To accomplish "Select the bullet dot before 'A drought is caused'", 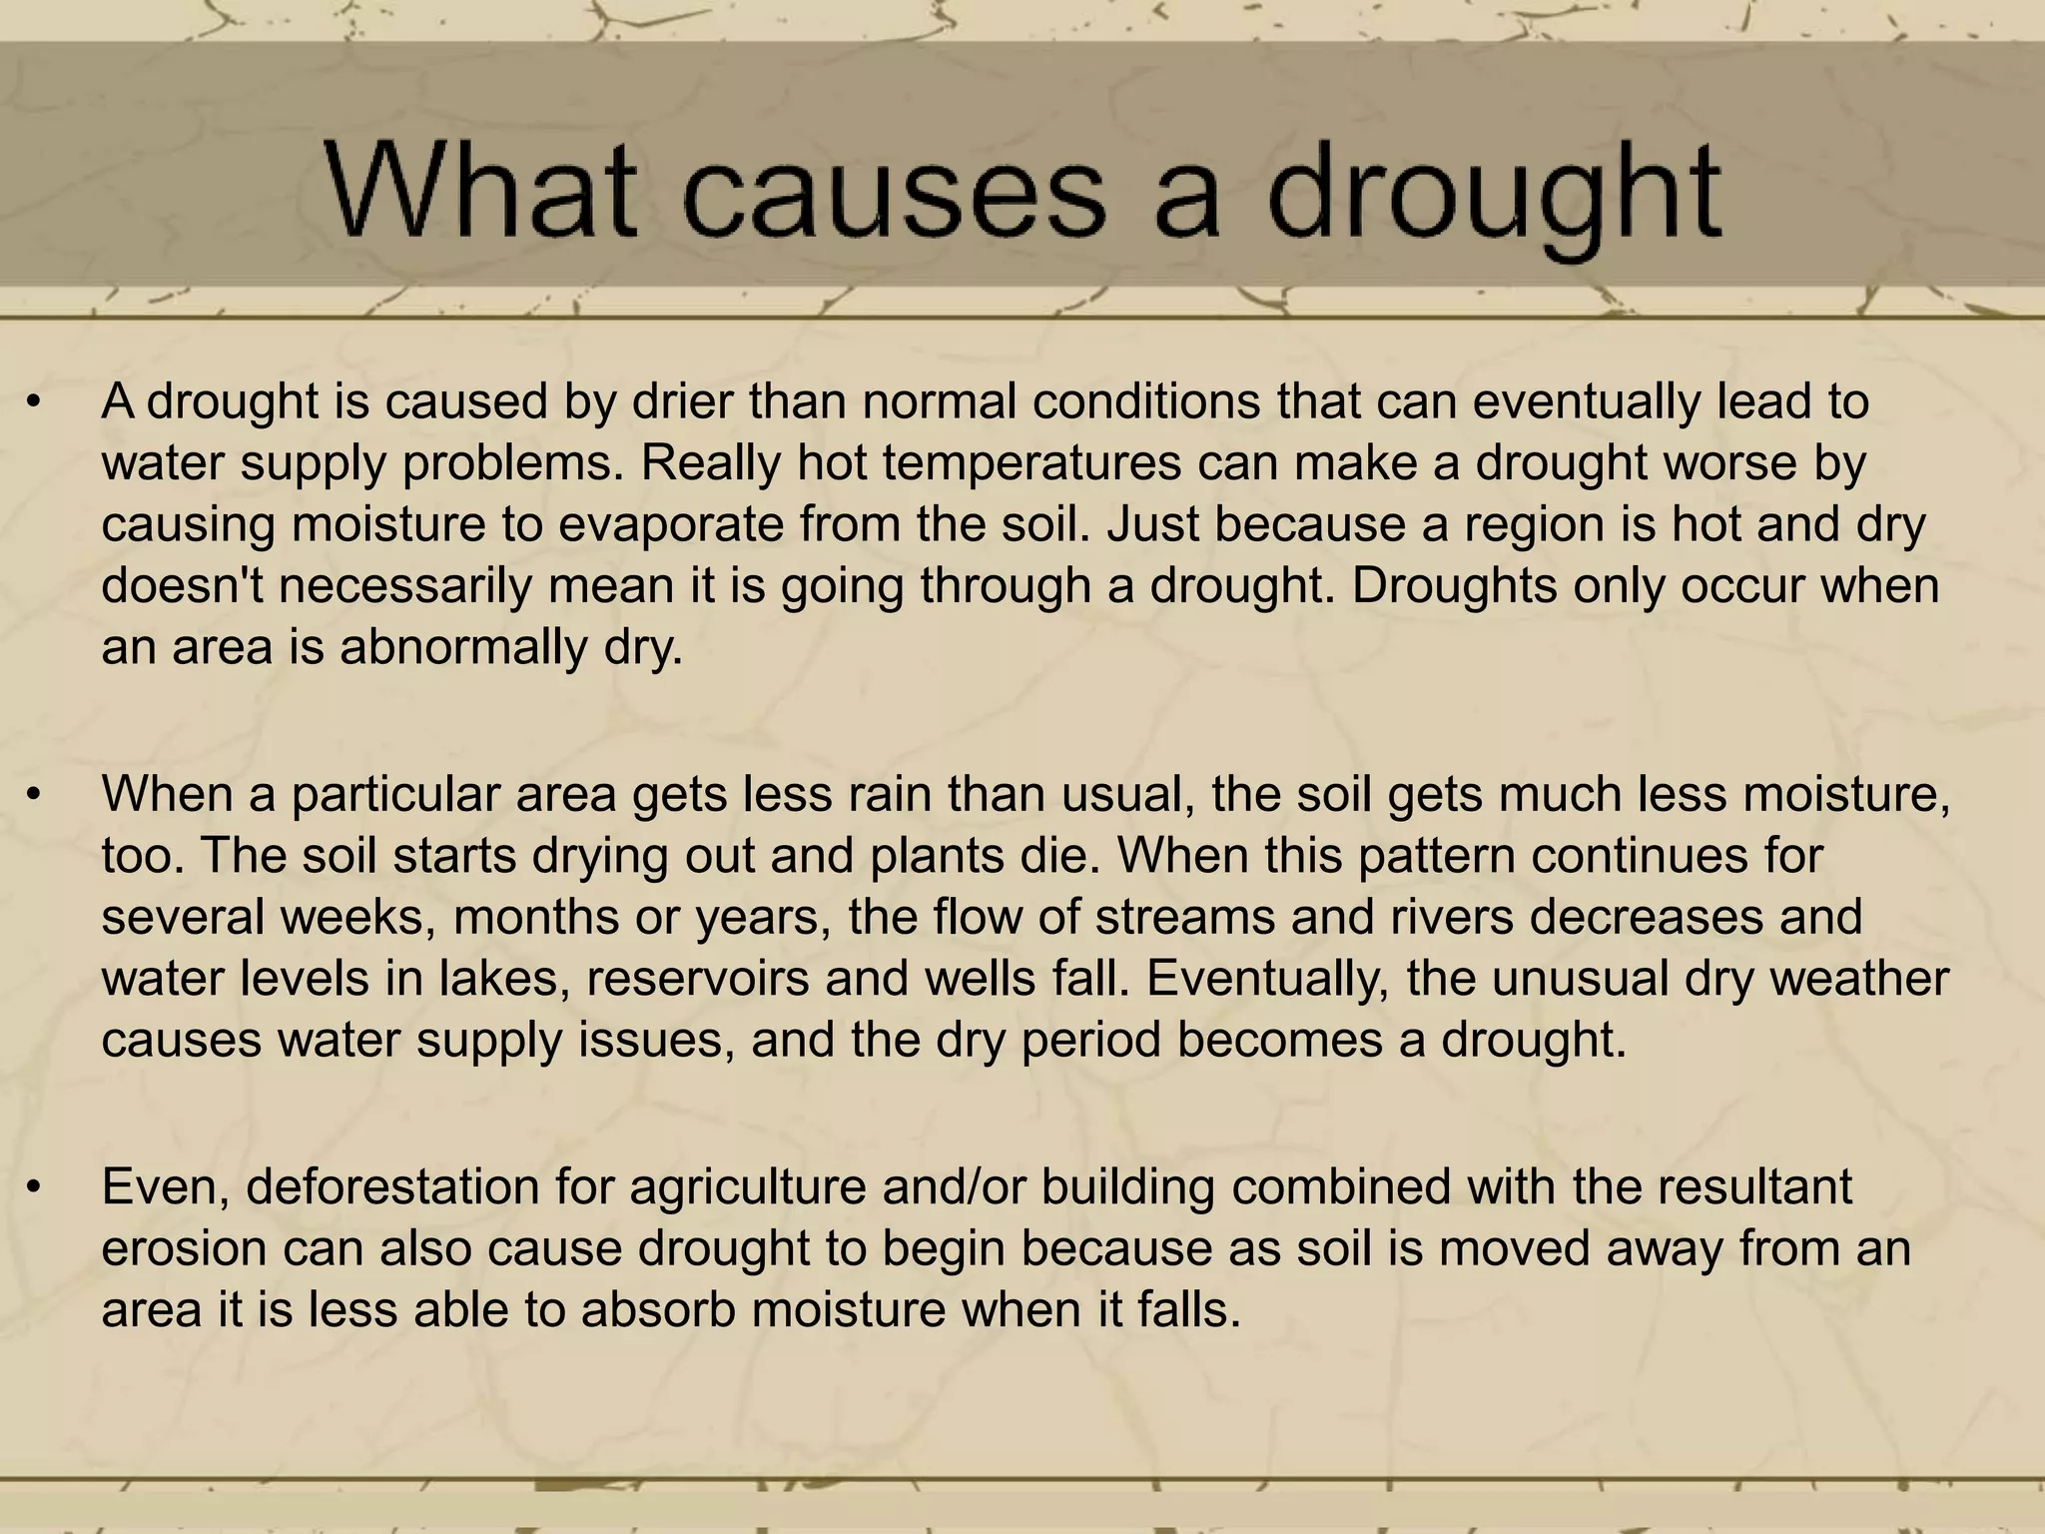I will pos(35,403).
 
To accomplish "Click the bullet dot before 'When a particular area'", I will pos(35,796).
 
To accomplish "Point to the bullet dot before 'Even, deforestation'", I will pos(35,1188).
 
